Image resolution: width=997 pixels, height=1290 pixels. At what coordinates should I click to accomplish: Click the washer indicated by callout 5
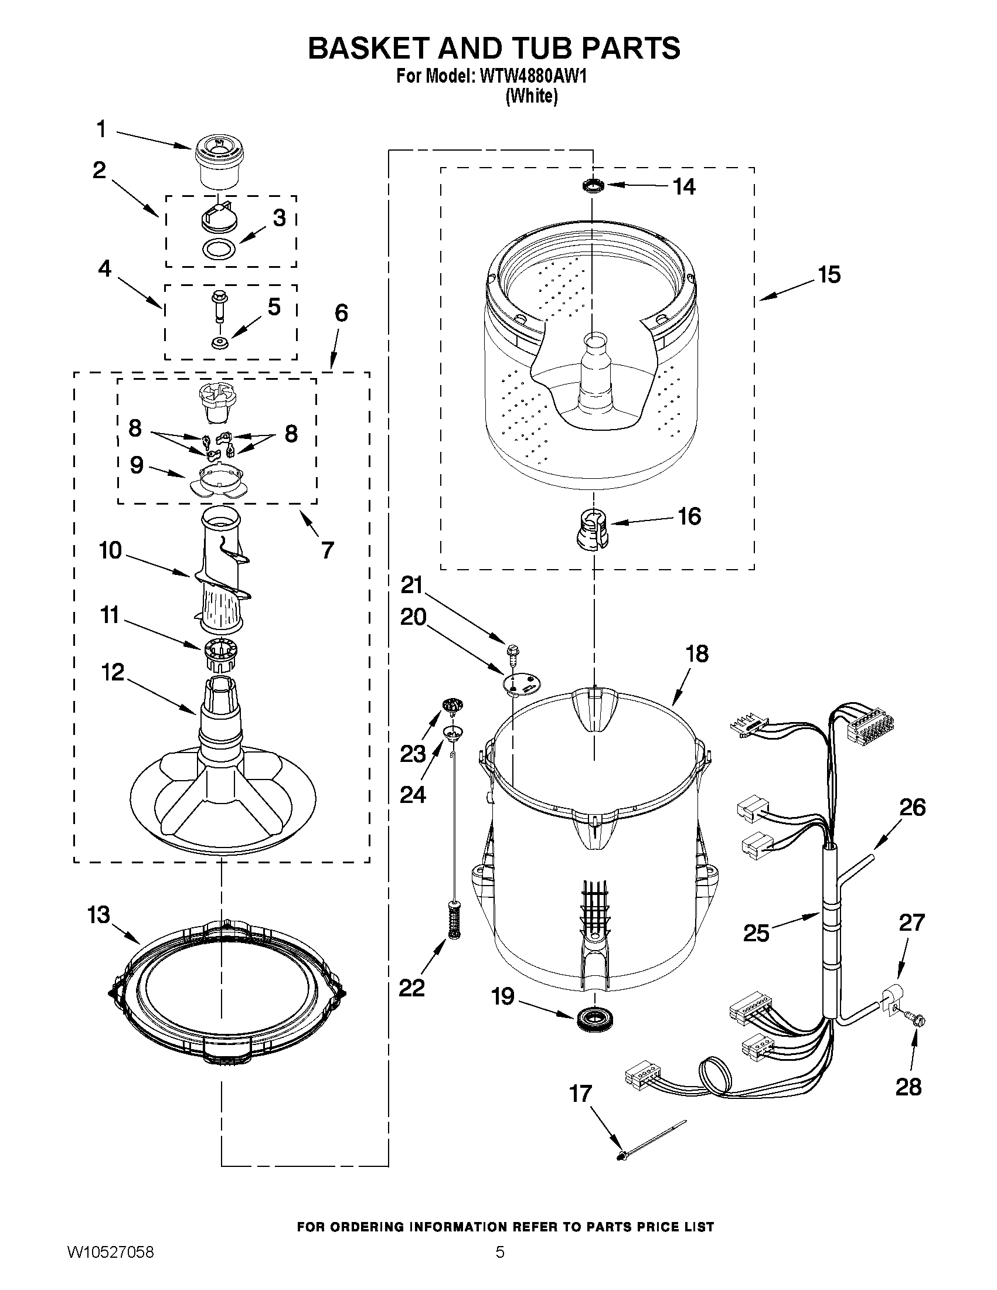pos(220,343)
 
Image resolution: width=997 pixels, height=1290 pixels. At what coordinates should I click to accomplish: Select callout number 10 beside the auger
pos(110,550)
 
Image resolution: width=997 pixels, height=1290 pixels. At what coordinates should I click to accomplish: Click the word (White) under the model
pos(531,96)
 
